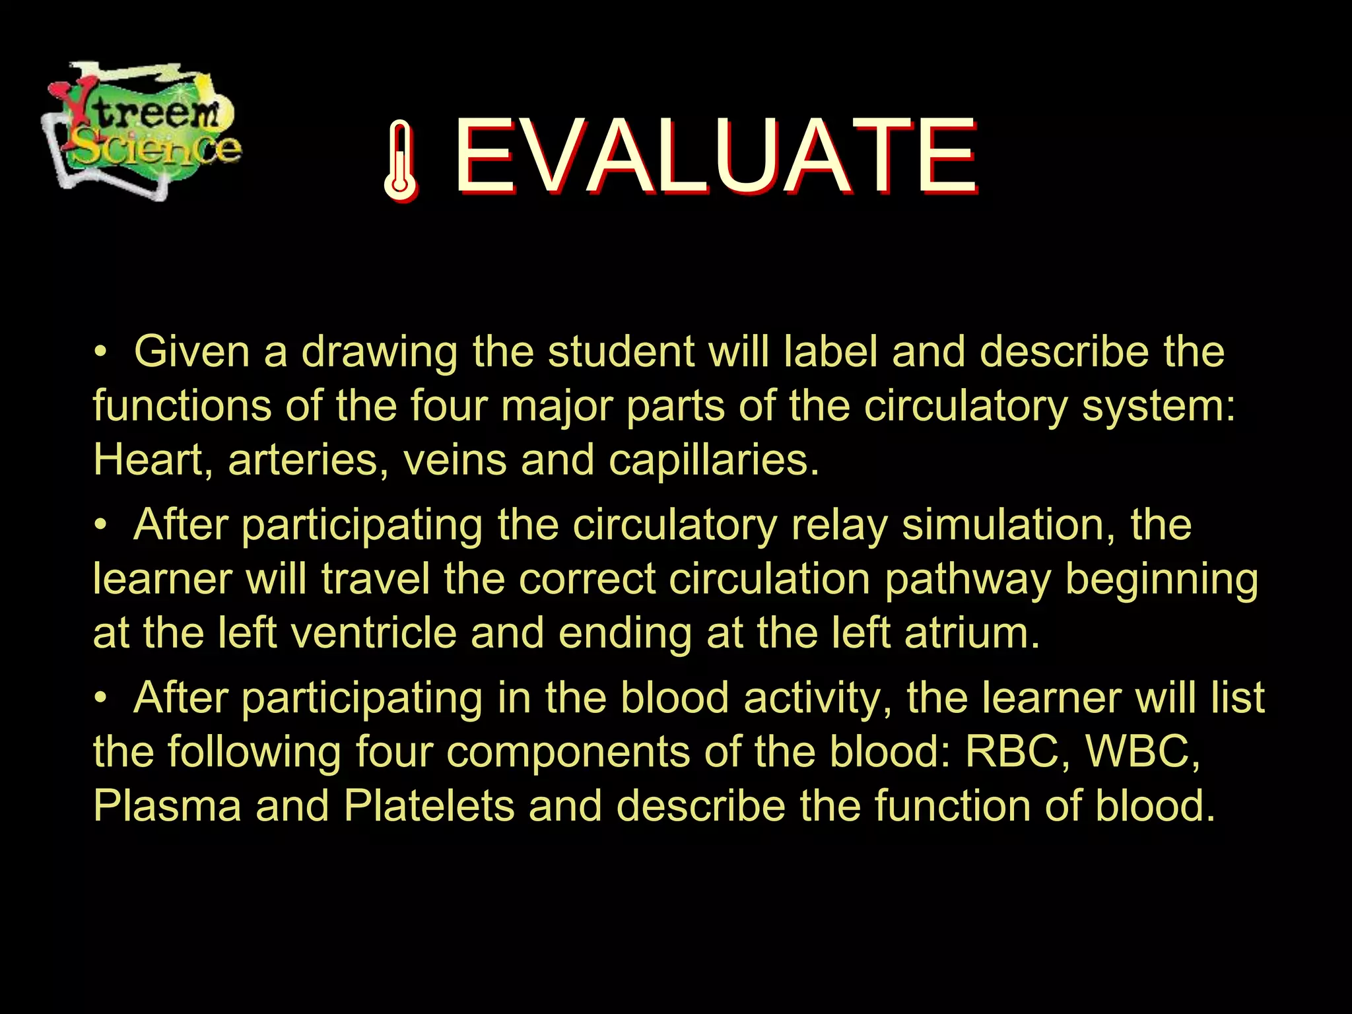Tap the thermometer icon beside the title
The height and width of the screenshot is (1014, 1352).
point(400,160)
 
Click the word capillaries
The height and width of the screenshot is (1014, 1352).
point(713,461)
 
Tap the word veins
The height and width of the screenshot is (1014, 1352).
point(454,459)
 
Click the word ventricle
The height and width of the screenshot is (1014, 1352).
point(373,632)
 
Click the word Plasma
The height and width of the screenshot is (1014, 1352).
point(167,806)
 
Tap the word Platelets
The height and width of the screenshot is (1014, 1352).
point(428,806)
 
